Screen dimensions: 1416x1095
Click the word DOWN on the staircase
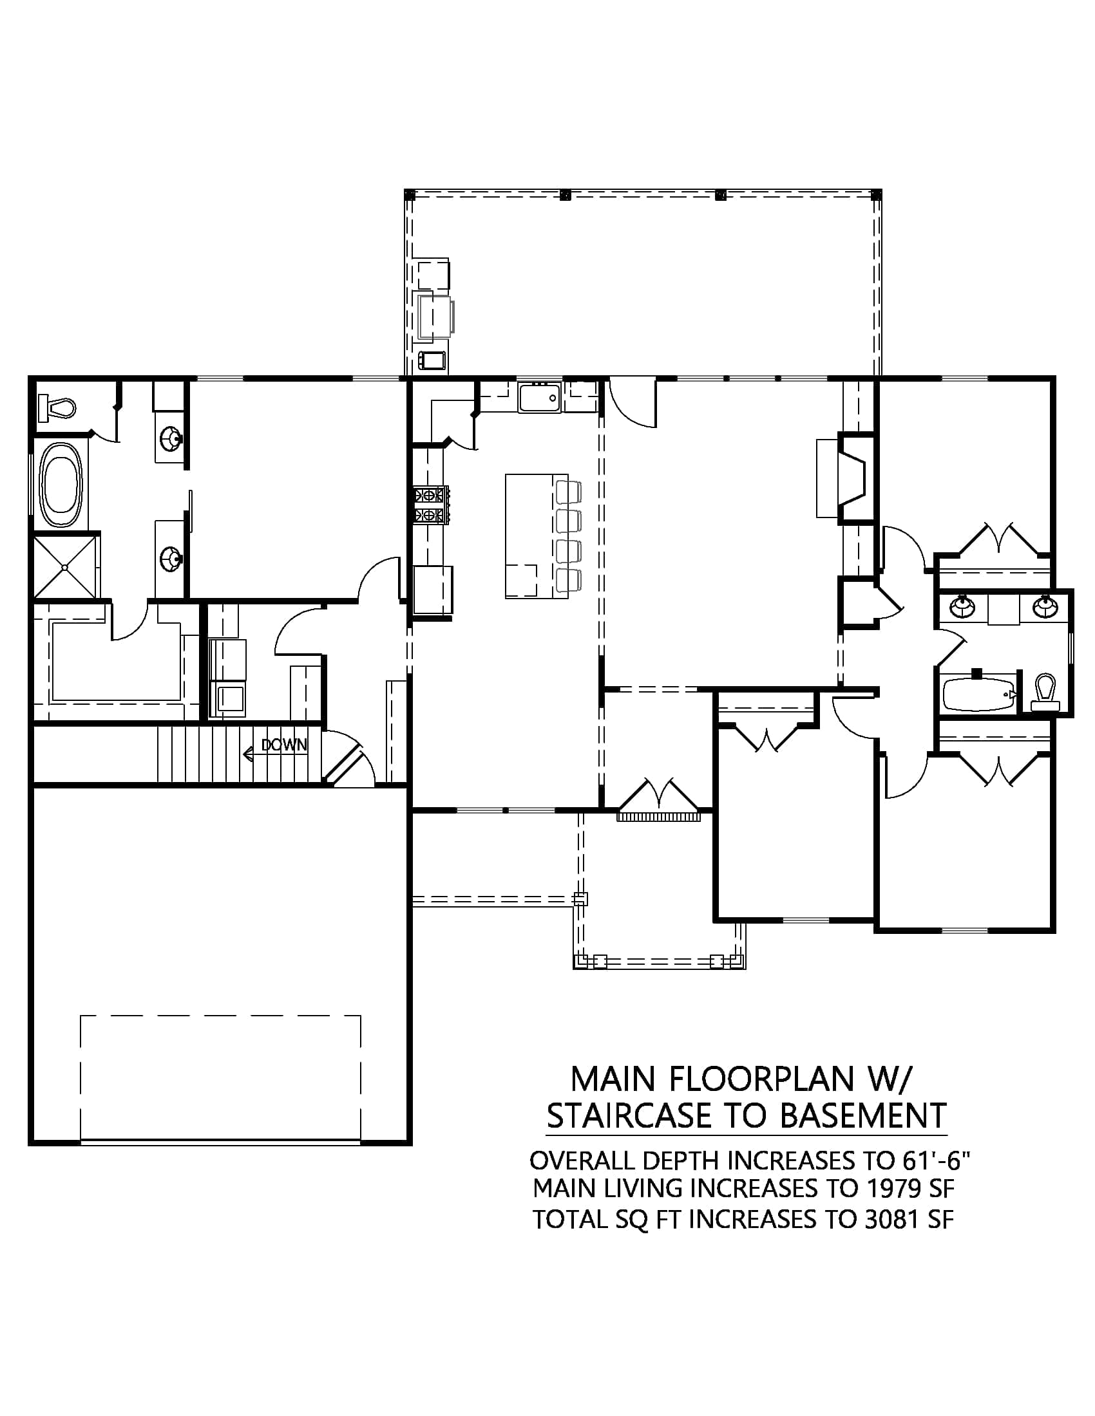284,745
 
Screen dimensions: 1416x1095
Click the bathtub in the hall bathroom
977,694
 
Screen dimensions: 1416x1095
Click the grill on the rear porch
433,316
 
